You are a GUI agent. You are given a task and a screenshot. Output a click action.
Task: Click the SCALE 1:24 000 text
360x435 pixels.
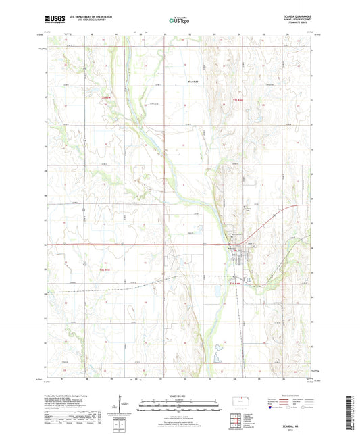(x=179, y=395)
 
